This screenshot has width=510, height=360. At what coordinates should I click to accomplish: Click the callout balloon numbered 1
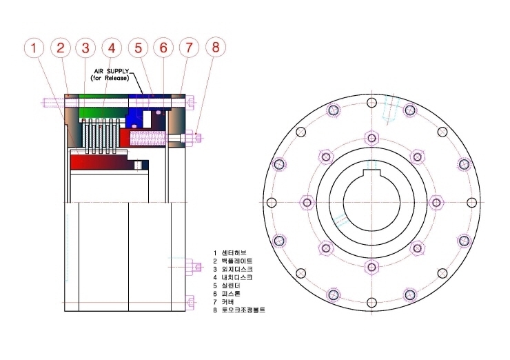coord(34,48)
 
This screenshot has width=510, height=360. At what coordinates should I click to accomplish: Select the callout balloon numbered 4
coord(112,48)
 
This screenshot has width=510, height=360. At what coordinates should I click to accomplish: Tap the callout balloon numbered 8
coord(216,47)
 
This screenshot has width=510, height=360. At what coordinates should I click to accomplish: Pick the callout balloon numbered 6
coord(163,48)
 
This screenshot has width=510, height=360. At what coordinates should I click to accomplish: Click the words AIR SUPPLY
coord(111,71)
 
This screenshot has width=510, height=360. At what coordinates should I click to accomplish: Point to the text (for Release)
coord(110,78)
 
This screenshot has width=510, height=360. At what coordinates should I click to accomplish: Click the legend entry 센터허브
coord(234,252)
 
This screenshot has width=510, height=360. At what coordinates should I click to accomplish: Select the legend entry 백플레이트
coord(237,261)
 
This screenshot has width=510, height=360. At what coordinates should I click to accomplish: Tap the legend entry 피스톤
coord(231,294)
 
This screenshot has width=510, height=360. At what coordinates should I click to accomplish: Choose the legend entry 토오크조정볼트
coord(243,310)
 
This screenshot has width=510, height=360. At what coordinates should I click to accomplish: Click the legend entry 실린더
coord(231,286)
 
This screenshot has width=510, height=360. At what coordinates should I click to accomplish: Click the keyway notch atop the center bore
coord(371,173)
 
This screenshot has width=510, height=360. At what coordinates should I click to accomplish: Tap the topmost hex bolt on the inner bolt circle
coord(371,138)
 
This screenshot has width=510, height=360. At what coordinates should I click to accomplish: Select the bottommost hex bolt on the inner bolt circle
coord(371,268)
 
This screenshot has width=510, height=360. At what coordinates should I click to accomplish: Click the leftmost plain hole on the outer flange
coord(272,203)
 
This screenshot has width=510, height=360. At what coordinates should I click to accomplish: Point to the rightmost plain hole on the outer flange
coord(471,203)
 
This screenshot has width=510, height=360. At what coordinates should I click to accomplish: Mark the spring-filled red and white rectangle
coord(147,139)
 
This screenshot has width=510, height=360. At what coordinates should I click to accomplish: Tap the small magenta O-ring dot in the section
coord(159,112)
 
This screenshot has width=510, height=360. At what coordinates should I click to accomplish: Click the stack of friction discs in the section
coord(100,136)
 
